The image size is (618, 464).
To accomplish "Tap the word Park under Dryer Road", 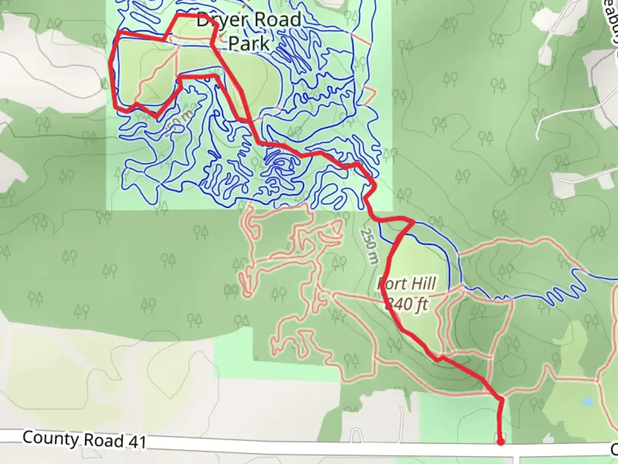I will click(x=248, y=43).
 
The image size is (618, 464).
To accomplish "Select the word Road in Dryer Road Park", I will click(x=277, y=20).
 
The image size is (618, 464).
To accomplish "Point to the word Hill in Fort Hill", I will click(x=421, y=284).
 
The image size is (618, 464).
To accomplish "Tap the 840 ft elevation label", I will click(x=406, y=304).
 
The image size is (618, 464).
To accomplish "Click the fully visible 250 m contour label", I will click(x=370, y=246).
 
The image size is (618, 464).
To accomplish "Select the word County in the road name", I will click(x=51, y=439).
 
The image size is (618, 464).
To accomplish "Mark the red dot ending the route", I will click(x=500, y=442).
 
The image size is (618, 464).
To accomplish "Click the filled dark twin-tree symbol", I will click(x=232, y=292).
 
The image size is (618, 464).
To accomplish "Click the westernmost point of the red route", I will click(x=111, y=64).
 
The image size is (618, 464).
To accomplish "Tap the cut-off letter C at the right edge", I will click(x=614, y=449).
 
